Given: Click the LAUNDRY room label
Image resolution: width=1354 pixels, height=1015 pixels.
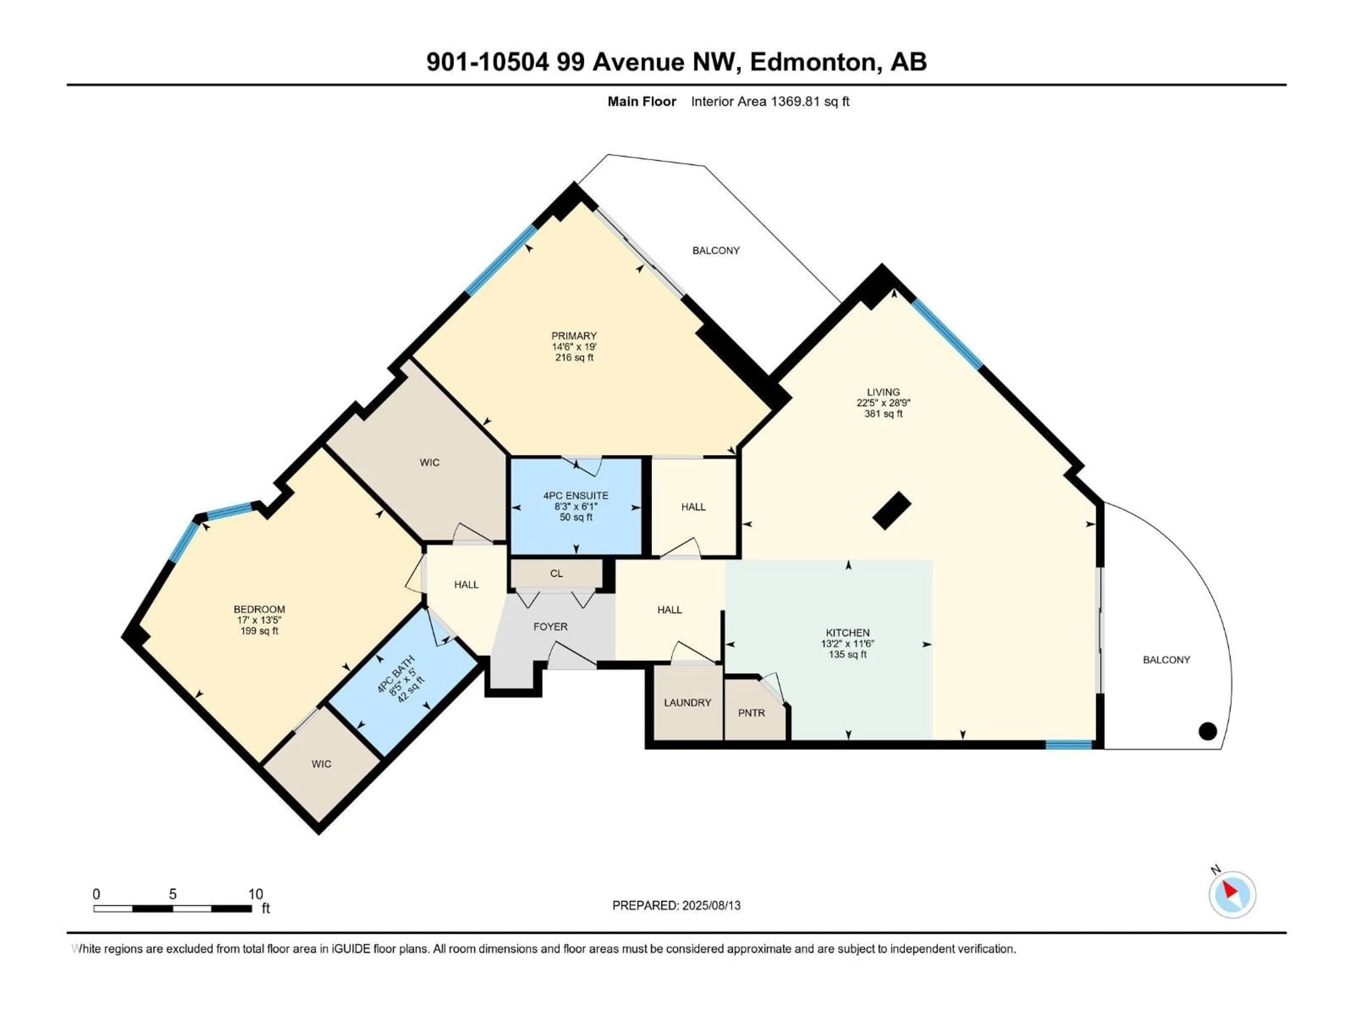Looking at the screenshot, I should (688, 702).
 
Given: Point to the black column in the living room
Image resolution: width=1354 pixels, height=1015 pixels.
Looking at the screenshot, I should (891, 510).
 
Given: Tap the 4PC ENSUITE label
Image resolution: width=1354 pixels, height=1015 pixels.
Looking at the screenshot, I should (575, 496).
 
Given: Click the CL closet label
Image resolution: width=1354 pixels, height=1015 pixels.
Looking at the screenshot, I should (556, 573).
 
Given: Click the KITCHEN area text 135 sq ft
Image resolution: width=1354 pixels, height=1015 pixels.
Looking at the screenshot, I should (847, 654).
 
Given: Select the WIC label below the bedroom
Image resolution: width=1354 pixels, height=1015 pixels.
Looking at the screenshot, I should (321, 764).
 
